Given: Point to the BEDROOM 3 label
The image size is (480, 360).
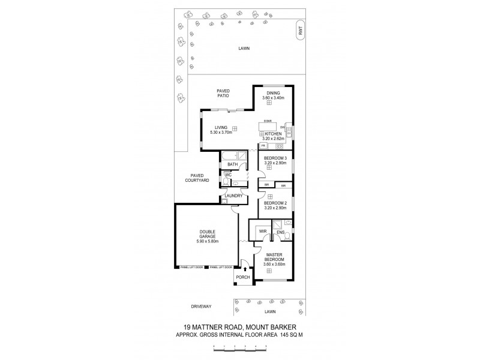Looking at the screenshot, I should (x=276, y=158).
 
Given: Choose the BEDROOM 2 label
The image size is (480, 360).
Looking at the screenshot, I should (x=276, y=203).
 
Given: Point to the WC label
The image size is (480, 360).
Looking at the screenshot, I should (x=228, y=175).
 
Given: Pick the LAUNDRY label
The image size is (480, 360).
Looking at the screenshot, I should (x=233, y=196).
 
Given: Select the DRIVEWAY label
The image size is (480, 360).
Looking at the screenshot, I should (x=202, y=306).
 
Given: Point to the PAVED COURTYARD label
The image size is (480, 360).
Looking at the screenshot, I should (x=197, y=178).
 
